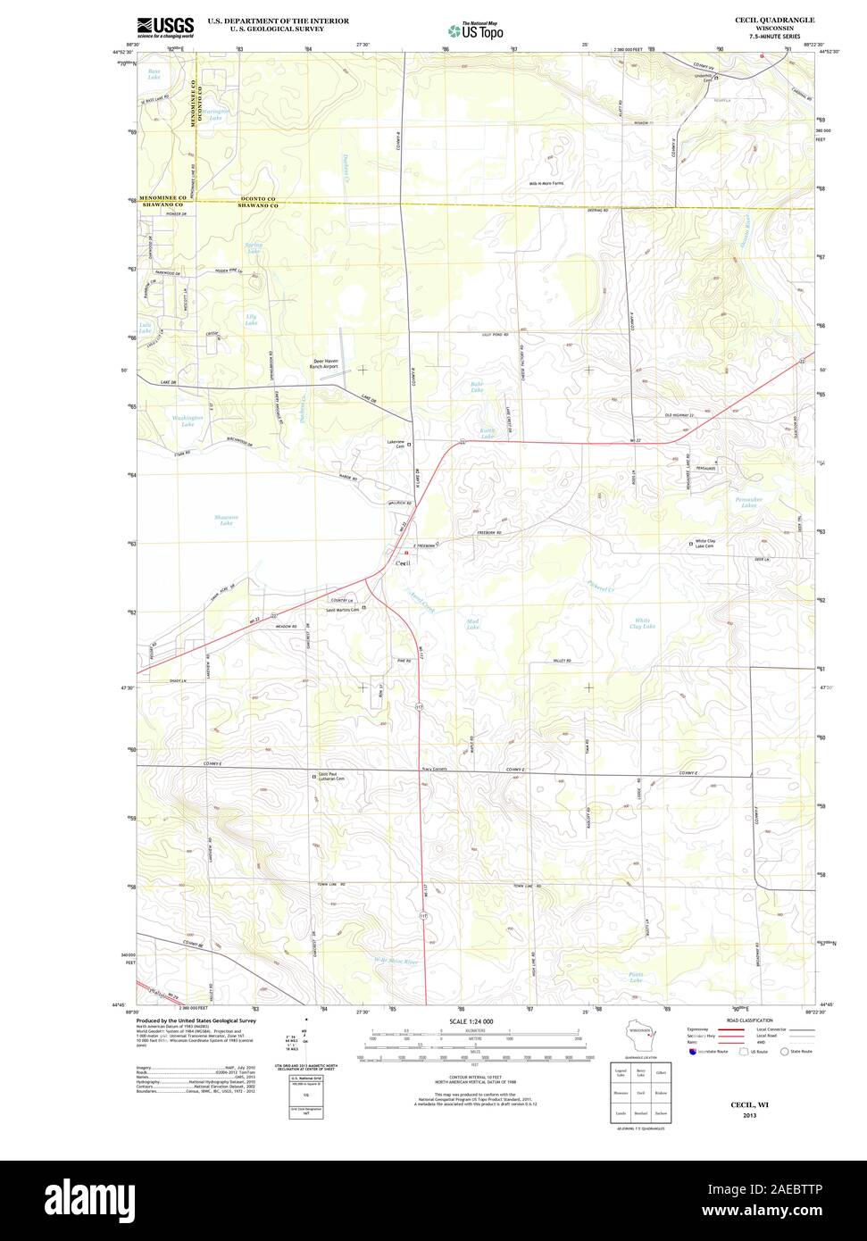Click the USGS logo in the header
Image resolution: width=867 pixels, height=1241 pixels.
point(165,28)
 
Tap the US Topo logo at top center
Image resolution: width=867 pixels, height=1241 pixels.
point(475,30)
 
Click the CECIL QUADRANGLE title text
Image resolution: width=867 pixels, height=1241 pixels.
point(774,20)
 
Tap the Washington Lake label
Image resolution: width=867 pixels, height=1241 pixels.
point(188,421)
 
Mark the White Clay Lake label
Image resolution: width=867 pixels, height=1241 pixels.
point(643,623)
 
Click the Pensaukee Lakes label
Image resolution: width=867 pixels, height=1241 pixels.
point(747,502)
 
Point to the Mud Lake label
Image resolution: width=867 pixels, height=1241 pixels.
point(472,623)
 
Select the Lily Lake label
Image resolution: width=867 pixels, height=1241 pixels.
point(251,319)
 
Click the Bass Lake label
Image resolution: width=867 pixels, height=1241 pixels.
point(154,74)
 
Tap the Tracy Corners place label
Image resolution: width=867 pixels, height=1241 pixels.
point(434,769)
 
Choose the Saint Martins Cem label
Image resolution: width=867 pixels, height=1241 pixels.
point(342,610)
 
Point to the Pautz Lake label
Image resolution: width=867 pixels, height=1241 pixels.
point(635,977)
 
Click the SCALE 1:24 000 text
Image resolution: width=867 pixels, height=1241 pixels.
point(471,1020)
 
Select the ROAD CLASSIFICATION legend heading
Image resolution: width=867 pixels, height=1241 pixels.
point(749,1020)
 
